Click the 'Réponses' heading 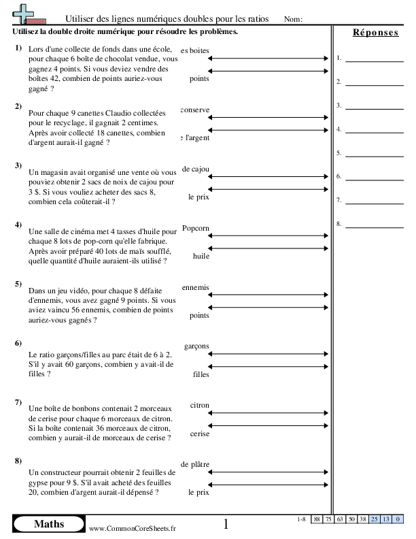375,33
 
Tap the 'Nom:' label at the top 292,20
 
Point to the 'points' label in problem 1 199,79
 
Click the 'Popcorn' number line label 196,229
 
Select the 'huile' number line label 201,256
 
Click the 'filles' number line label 201,374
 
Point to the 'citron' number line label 200,405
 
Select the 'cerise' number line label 199,433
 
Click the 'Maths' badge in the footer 49,524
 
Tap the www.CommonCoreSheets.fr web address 133,528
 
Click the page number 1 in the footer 226,524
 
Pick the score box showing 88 317,519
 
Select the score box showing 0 396,519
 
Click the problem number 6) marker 18,342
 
